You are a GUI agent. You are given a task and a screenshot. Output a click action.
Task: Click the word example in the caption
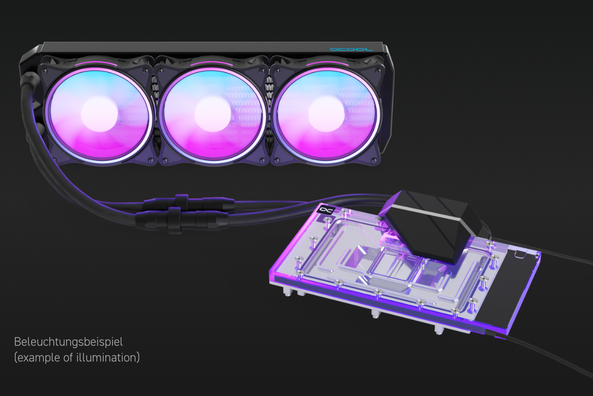click(x=34, y=357)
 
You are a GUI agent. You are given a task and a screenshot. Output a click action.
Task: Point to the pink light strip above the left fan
click(x=94, y=64)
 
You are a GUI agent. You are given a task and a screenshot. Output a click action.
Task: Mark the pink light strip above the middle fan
click(x=210, y=64)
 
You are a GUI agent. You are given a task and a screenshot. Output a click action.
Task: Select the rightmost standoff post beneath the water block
click(x=438, y=330)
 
